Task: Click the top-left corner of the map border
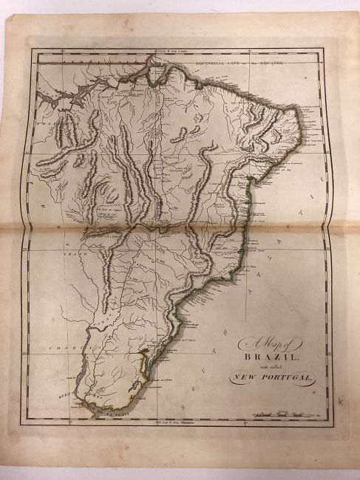click(31, 50)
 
